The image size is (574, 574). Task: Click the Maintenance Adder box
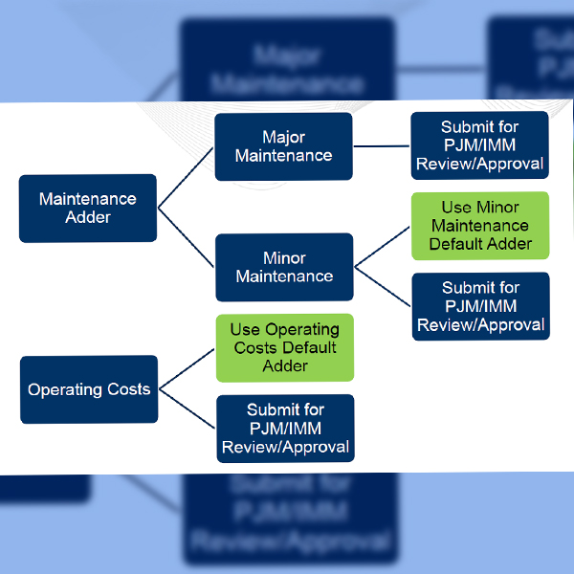click(88, 208)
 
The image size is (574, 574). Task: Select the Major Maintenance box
click(283, 146)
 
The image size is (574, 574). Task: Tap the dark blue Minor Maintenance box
click(283, 267)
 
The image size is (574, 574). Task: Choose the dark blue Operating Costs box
click(88, 389)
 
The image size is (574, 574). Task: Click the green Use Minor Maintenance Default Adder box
click(479, 226)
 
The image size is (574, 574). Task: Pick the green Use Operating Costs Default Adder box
click(284, 348)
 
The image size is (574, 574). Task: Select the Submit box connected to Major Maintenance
click(479, 145)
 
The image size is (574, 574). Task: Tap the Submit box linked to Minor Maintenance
click(480, 306)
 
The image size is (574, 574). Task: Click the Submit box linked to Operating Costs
click(284, 428)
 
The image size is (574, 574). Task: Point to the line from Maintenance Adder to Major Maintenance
click(186, 177)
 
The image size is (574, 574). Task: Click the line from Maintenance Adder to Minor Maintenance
click(186, 238)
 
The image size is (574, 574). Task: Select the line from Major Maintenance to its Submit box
click(382, 146)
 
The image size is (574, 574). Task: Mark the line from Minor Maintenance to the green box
click(382, 246)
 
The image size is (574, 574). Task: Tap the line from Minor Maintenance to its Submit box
click(382, 288)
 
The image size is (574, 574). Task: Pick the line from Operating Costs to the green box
click(187, 368)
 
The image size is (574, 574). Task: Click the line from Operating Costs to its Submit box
click(187, 410)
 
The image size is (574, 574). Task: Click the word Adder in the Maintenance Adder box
click(88, 217)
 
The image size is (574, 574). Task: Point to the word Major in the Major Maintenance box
click(283, 137)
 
